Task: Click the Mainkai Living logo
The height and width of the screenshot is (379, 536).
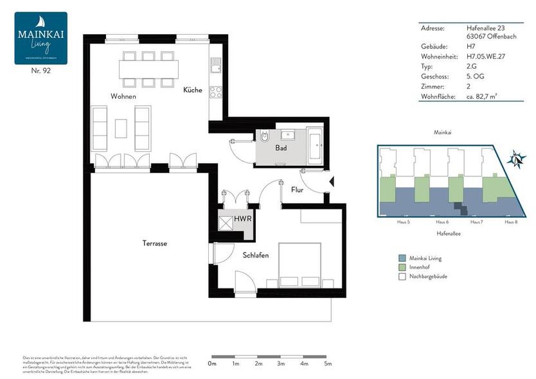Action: pyautogui.click(x=40, y=38)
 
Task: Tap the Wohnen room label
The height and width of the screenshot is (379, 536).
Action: pyautogui.click(x=123, y=96)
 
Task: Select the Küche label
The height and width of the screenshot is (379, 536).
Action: pyautogui.click(x=192, y=90)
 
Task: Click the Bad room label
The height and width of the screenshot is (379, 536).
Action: pyautogui.click(x=281, y=148)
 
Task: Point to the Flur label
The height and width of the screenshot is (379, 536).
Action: pyautogui.click(x=298, y=189)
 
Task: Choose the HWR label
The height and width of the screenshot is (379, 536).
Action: pyautogui.click(x=243, y=219)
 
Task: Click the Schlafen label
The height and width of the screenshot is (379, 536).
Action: pyautogui.click(x=256, y=255)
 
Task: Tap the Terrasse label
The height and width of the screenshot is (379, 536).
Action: pyautogui.click(x=155, y=243)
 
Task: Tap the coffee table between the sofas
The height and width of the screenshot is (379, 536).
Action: pyautogui.click(x=121, y=128)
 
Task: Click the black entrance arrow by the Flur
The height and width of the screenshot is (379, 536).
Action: pyautogui.click(x=331, y=182)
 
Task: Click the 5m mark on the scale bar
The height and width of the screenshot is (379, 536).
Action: pyautogui.click(x=328, y=364)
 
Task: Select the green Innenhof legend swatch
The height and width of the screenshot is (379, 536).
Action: pyautogui.click(x=402, y=267)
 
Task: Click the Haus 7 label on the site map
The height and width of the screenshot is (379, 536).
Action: pyautogui.click(x=476, y=222)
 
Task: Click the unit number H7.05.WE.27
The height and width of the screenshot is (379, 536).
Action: pyautogui.click(x=486, y=56)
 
